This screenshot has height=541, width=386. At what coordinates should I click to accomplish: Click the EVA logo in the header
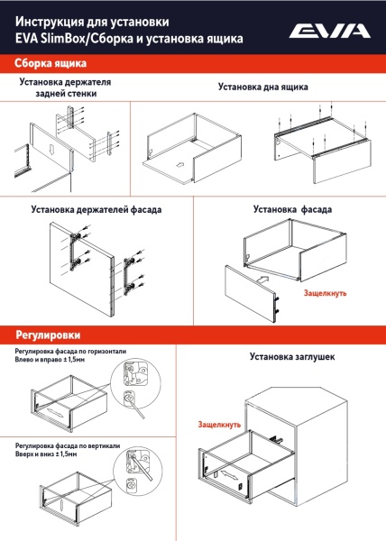pyautogui.click(x=329, y=32)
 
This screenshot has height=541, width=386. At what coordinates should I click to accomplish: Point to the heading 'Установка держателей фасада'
pyautogui.click(x=96, y=209)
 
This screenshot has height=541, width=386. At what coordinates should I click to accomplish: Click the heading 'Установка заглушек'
pyautogui.click(x=292, y=358)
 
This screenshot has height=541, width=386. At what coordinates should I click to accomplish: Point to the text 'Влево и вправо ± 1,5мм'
pyautogui.click(x=51, y=359)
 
